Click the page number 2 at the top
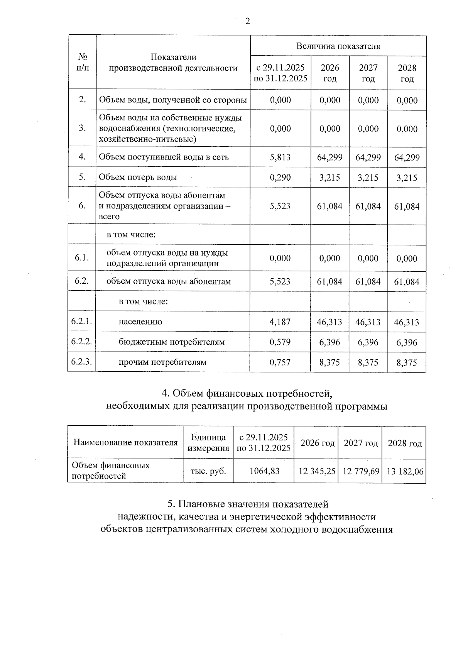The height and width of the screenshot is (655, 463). [x=247, y=21]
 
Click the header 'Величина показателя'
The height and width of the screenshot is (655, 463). [x=338, y=46]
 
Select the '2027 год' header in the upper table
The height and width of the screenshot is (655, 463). [x=368, y=73]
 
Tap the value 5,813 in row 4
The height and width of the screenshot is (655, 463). [x=280, y=157]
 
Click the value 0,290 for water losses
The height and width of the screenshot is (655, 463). [x=280, y=178]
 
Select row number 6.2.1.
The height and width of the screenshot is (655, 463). [x=81, y=322]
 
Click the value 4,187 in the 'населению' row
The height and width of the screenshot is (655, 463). [x=280, y=322]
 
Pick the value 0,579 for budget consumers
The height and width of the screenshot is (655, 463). [x=280, y=342]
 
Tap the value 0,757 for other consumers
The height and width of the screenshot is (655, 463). [x=280, y=362]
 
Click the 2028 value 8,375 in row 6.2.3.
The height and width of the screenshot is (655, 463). [x=407, y=363]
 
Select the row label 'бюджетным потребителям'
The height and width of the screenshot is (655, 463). [x=172, y=342]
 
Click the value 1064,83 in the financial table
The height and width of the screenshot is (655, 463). [x=264, y=471]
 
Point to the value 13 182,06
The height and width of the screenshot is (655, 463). [x=405, y=471]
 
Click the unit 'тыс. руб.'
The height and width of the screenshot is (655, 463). [x=208, y=471]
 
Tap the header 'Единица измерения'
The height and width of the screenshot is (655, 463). [x=208, y=443]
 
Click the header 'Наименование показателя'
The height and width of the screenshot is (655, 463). [x=125, y=443]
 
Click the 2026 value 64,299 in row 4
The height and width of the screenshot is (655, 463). [x=330, y=157]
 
